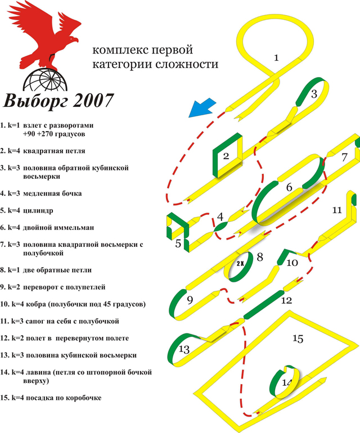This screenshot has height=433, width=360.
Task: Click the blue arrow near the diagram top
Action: click(x=202, y=108)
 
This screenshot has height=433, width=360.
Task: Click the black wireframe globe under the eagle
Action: click(x=45, y=80)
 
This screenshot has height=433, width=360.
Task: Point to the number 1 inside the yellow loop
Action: click(x=276, y=58)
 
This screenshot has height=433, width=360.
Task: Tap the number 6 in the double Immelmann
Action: click(x=289, y=187)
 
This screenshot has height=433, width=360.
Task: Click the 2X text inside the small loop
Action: click(x=240, y=264)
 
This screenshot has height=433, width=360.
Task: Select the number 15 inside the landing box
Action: click(x=298, y=339)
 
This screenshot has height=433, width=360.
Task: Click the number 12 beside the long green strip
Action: click(x=286, y=300)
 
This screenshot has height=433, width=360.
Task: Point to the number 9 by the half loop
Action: click(x=190, y=300)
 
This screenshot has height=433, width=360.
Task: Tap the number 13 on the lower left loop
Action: click(x=184, y=349)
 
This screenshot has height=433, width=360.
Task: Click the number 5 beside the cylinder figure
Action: click(x=178, y=243)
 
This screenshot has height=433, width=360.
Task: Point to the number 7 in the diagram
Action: click(x=344, y=157)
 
